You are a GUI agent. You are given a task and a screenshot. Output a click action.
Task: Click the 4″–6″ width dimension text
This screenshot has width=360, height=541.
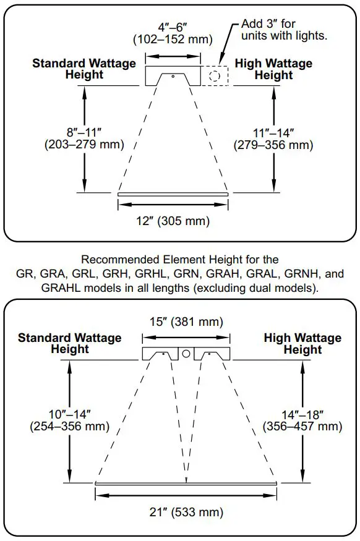(x=173, y=27)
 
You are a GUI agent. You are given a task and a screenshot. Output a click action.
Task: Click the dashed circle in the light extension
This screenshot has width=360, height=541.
(x=215, y=77)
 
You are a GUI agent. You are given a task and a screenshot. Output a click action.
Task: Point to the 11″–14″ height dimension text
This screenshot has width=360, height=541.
(x=273, y=133)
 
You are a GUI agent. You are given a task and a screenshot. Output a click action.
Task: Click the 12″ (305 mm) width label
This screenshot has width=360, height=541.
(x=173, y=221)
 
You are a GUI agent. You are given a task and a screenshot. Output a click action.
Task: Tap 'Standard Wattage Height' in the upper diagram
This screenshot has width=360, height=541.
(x=84, y=69)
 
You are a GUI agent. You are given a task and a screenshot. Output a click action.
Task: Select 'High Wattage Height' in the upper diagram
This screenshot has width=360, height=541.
(x=273, y=69)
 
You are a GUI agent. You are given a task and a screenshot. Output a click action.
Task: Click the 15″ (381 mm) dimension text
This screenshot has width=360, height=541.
(x=186, y=322)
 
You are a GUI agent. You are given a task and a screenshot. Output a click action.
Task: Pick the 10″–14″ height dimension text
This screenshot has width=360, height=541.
(x=70, y=413)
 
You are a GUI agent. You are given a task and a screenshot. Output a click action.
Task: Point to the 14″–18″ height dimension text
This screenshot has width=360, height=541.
(x=302, y=414)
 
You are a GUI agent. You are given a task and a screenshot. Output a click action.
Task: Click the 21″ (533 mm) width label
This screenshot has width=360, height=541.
(x=186, y=512)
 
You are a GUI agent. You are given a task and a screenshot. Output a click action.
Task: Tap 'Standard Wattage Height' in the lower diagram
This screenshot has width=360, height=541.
(x=70, y=343)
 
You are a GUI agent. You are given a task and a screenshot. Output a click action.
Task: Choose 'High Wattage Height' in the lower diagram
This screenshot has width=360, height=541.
(x=302, y=344)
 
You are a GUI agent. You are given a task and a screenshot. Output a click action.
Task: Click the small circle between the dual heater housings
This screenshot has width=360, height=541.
(x=186, y=354)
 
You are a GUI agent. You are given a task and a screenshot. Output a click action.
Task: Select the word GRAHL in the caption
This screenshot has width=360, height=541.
(x=60, y=288)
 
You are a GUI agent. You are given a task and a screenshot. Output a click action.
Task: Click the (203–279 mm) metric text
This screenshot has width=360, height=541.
(x=85, y=145)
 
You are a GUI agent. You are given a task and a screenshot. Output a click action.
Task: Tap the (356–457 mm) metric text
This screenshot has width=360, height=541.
(x=302, y=427)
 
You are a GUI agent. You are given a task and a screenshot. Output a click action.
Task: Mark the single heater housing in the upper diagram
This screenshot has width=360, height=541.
(x=173, y=77)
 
